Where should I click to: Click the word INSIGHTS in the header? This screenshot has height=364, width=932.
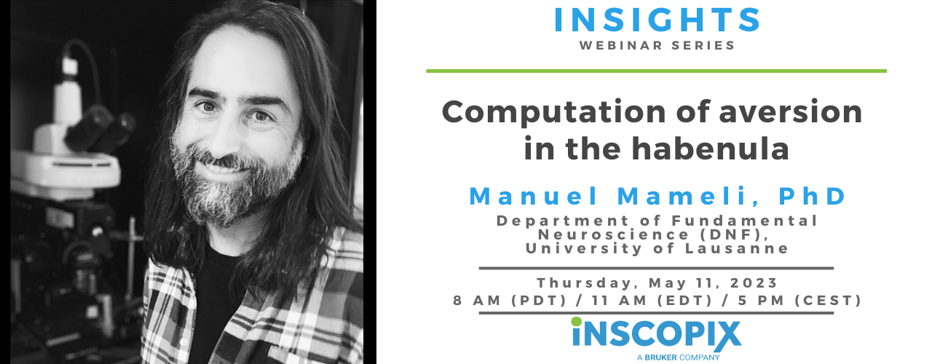pos(657,20)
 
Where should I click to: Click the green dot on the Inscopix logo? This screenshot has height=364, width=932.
pos(577,321)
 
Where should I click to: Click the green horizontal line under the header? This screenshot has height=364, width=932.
pos(656,71)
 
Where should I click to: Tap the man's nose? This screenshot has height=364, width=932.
pos(229,131)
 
